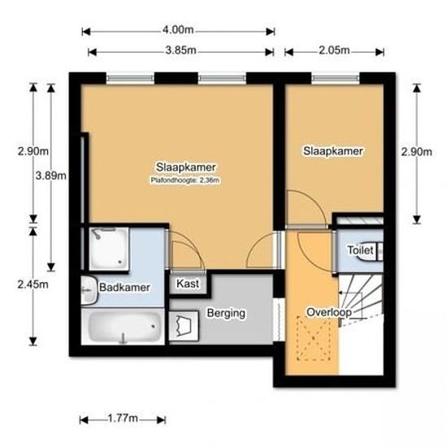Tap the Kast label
189,284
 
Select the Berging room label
226,313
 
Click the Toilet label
360,251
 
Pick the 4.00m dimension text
177,30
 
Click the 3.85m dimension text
180,50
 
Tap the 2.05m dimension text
333,50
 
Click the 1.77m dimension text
122,419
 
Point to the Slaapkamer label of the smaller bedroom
333,150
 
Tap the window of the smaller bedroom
334,78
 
